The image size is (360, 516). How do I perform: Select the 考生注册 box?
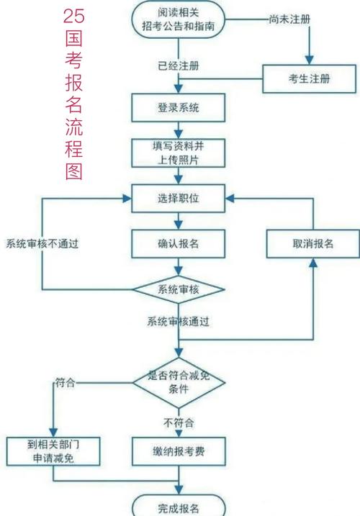(310, 78)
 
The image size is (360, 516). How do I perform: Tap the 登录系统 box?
(178, 109)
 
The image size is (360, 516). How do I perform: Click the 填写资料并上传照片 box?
(178, 153)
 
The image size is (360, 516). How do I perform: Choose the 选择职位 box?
(178, 197)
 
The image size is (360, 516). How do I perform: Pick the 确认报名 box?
(178, 243)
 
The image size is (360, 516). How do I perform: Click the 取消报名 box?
(312, 243)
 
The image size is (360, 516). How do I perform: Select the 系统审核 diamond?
(178, 289)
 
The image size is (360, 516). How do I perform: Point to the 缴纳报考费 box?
(178, 451)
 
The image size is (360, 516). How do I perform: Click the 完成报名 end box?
(178, 505)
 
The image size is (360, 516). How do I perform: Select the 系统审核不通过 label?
(42, 243)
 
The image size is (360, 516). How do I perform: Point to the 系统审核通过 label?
(179, 322)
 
